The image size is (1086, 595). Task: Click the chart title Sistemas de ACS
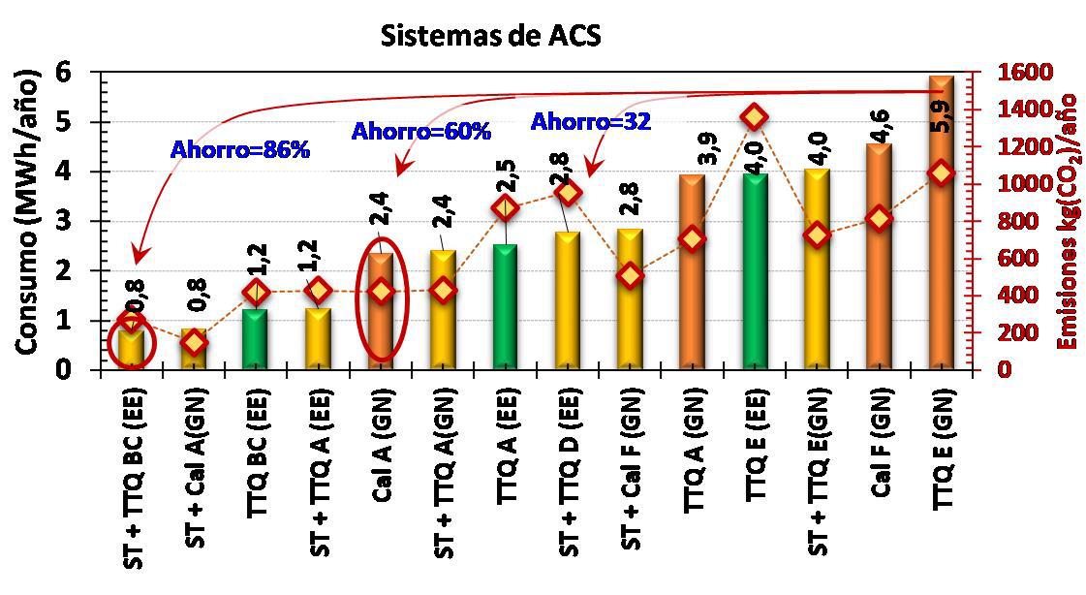tap(490, 36)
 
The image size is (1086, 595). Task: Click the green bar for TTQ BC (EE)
tap(256, 339)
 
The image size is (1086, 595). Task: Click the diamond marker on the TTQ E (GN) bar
tap(940, 172)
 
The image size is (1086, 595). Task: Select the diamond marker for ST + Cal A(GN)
tap(194, 341)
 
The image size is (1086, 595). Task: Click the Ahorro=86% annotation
tap(239, 150)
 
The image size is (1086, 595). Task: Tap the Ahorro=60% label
tap(421, 131)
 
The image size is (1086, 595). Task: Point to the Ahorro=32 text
tap(590, 122)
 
